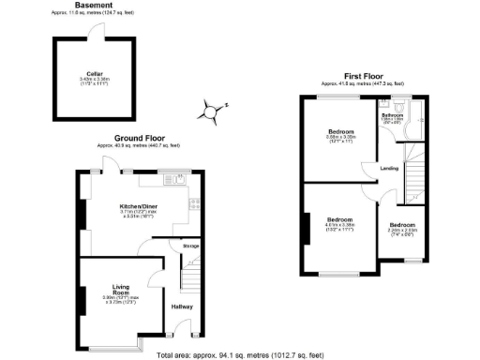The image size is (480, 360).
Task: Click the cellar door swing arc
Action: [96, 30]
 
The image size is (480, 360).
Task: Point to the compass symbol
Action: [208, 114]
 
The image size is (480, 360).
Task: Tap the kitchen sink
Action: [171, 178]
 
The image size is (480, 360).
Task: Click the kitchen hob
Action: [193, 202]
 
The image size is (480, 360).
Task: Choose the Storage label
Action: [190, 246]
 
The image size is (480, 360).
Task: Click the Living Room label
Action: [120, 289]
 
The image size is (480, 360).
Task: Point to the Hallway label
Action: [182, 306]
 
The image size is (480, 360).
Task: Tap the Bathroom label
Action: [393, 115]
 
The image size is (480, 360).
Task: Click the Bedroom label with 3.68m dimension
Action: [340, 130]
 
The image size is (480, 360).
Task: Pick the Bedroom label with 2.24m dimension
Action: [402, 225]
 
